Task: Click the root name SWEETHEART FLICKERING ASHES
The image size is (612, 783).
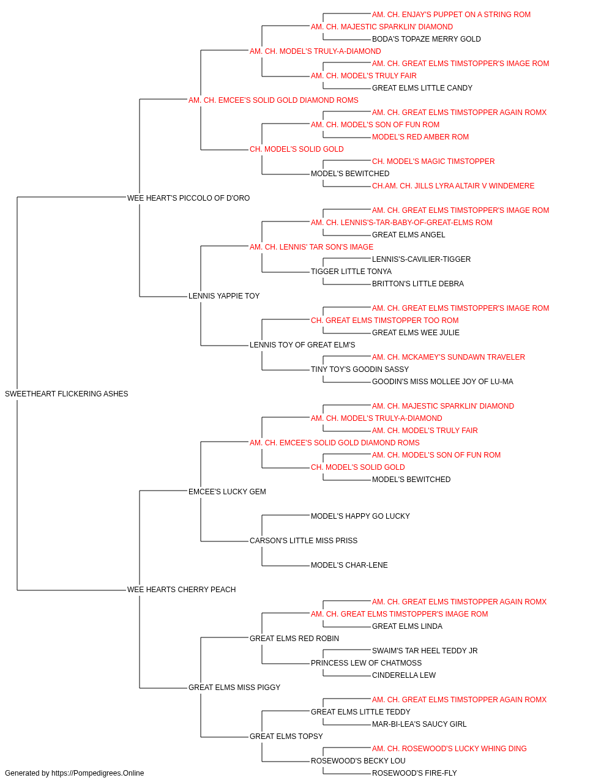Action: (66, 394)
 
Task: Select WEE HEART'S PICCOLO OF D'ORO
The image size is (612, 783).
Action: (188, 198)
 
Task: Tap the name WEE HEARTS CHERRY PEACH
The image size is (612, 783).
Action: (181, 590)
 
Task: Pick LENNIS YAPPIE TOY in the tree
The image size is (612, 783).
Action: (224, 296)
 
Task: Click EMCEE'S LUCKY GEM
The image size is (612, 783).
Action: (227, 491)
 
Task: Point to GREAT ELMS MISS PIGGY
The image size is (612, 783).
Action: (234, 687)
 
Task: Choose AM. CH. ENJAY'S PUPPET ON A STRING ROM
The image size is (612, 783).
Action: (451, 15)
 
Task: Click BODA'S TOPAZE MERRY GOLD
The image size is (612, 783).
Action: (427, 39)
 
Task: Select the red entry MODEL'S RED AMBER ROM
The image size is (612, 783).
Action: (420, 137)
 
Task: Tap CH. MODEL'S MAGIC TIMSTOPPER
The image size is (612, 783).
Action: (433, 161)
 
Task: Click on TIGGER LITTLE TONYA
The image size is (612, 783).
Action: (351, 272)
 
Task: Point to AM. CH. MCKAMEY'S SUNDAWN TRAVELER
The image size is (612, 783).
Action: (449, 357)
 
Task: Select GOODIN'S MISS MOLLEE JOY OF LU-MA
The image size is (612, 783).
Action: (442, 382)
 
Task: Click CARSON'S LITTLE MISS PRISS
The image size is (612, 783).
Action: (304, 541)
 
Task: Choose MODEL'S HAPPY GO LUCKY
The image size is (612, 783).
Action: (360, 516)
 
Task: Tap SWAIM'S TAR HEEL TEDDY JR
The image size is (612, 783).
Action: (425, 650)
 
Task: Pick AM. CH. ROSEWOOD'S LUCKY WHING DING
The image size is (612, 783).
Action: (449, 748)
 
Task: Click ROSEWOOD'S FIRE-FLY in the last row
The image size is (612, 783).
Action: (414, 773)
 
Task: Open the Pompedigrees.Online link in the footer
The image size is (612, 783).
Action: (97, 773)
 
